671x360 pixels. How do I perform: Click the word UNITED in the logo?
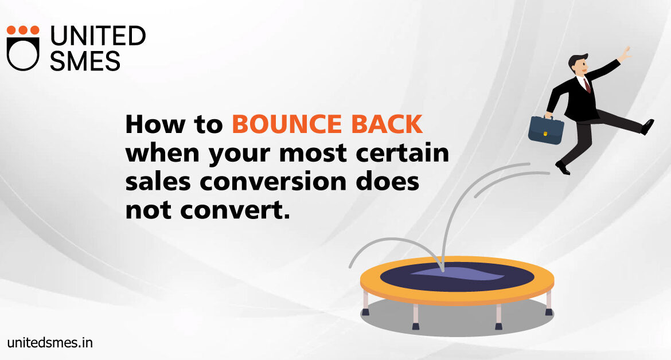click(x=98, y=36)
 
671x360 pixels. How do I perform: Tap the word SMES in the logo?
click(x=85, y=61)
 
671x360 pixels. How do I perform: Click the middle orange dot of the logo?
click(x=23, y=30)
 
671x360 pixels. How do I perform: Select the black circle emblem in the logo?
click(x=23, y=54)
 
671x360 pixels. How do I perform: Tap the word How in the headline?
click(x=155, y=124)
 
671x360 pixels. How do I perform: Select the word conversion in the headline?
click(x=273, y=182)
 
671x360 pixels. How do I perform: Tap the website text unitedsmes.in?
click(x=50, y=342)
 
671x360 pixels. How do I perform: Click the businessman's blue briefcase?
click(x=545, y=130)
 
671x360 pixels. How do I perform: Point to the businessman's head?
click(x=579, y=65)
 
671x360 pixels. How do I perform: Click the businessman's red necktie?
click(x=587, y=85)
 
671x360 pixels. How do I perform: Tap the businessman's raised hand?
click(x=625, y=54)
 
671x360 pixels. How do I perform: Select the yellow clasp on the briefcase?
click(x=545, y=134)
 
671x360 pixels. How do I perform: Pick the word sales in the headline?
click(x=158, y=182)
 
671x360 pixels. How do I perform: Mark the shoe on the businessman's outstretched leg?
click(x=647, y=127)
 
